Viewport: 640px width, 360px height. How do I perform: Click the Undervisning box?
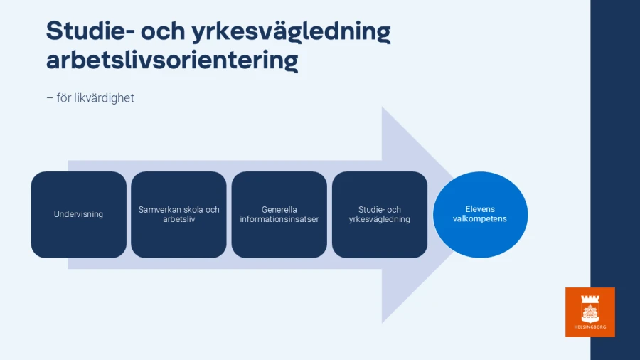(x=78, y=214)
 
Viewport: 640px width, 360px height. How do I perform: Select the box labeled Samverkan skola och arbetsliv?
(x=178, y=214)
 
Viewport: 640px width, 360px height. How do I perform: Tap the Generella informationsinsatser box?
(x=279, y=214)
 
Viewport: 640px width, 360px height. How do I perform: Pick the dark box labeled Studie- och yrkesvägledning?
(x=380, y=214)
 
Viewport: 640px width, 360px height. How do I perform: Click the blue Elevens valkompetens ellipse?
(x=481, y=214)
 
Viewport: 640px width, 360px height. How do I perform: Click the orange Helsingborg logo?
(x=590, y=312)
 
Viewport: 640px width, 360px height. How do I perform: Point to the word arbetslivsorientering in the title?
(x=171, y=60)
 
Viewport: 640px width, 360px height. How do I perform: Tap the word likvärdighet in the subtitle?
(x=104, y=97)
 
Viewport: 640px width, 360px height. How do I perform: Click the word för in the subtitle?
(x=64, y=97)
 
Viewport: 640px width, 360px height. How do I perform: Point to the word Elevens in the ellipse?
(x=480, y=209)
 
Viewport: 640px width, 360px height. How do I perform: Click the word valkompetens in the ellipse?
(x=480, y=219)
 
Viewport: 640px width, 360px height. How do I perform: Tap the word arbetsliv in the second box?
(x=178, y=219)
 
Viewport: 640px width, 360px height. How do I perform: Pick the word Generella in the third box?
(x=279, y=210)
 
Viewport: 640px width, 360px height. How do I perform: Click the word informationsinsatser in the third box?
(x=279, y=219)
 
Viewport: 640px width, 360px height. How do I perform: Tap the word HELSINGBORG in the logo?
(x=590, y=327)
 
